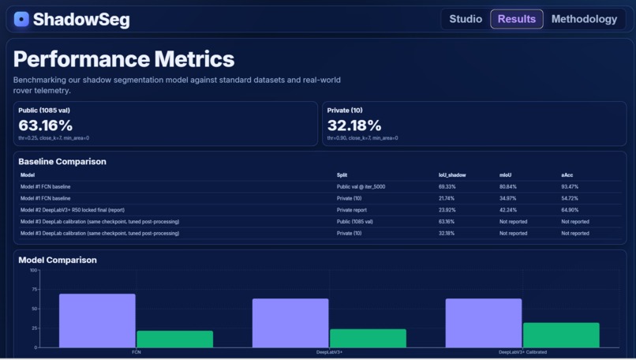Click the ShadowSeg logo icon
(21, 19)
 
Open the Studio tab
(466, 19)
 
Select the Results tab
(517, 19)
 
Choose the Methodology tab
(584, 19)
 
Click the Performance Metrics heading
(124, 59)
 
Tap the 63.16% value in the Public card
(46, 126)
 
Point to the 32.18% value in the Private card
(354, 126)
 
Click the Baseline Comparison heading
(62, 162)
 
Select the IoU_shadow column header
(453, 174)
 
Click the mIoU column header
(505, 174)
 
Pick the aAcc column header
(567, 174)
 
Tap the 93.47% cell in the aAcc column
(570, 186)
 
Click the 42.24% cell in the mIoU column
(508, 210)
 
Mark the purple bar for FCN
(97, 321)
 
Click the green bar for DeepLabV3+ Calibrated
(561, 335)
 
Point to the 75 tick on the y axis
(34, 290)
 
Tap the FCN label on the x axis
(137, 352)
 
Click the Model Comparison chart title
(58, 260)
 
